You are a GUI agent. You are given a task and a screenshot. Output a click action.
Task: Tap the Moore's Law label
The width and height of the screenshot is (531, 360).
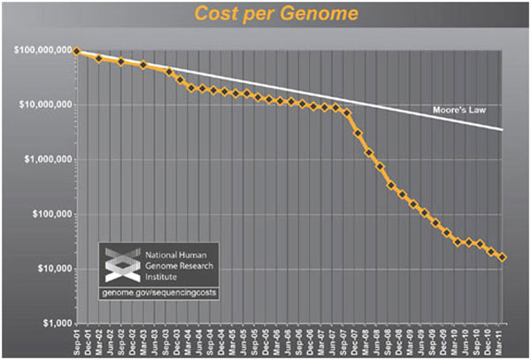point(459,111)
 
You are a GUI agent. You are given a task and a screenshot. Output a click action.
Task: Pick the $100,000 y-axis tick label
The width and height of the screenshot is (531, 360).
point(51,215)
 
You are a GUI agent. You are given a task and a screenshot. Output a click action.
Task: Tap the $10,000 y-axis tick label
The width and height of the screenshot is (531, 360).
point(54,269)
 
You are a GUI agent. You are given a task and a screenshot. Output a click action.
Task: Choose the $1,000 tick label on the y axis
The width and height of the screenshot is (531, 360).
point(56,324)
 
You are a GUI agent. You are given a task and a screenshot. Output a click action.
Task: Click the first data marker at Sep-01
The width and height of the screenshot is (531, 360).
point(77,51)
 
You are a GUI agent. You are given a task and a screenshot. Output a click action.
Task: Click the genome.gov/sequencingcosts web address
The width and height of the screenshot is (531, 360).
point(158,292)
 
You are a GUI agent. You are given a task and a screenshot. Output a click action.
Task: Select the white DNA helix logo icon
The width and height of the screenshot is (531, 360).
point(118,263)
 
